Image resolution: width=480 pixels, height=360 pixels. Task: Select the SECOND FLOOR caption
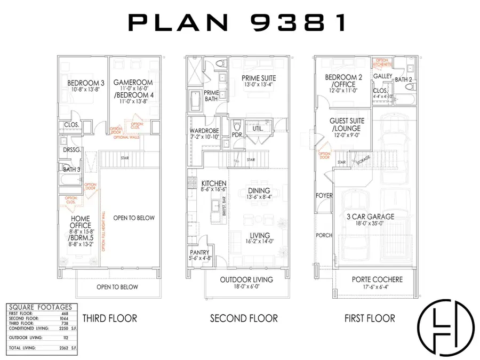[x=244, y=318]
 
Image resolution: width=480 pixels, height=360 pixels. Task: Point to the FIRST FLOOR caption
[x=370, y=318]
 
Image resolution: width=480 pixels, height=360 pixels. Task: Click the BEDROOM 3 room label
[x=85, y=83]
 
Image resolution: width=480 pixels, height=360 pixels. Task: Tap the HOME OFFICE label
[x=80, y=221]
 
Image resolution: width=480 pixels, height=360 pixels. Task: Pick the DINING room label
[x=258, y=190]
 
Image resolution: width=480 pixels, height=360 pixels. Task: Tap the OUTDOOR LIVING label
[x=246, y=279]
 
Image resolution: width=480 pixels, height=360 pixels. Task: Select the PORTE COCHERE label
[x=378, y=279]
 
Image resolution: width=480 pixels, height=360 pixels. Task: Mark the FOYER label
[x=324, y=196]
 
